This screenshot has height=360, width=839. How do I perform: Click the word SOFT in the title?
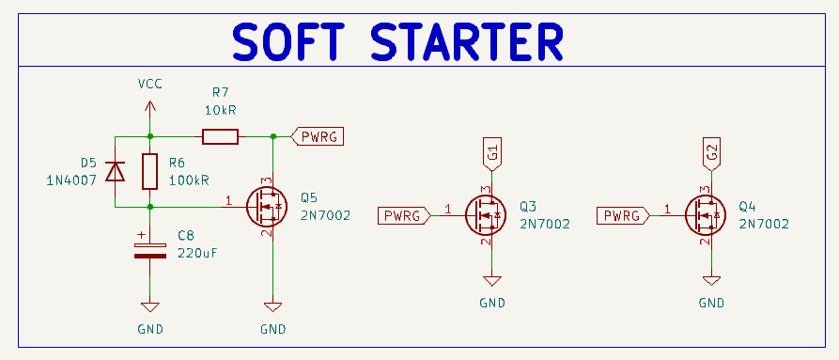click(287, 41)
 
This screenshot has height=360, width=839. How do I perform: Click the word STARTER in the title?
click(467, 41)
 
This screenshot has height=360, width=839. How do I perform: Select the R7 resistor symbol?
click(220, 137)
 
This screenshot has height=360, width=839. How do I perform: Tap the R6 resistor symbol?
click(149, 171)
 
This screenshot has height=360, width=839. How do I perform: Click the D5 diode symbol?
click(115, 171)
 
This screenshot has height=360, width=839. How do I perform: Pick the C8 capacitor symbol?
click(149, 250)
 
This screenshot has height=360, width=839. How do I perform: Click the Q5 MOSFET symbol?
click(267, 207)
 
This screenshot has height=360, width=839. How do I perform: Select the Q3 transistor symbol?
click(486, 215)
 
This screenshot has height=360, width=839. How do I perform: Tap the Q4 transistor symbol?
click(706, 215)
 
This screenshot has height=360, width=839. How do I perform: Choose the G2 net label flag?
click(712, 154)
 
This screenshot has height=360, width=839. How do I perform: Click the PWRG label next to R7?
click(317, 137)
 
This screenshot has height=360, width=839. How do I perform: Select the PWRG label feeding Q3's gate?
click(405, 215)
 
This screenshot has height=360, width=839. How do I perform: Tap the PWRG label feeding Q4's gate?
click(624, 215)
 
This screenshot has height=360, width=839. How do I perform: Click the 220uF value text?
click(197, 253)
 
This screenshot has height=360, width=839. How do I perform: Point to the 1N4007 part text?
click(71, 180)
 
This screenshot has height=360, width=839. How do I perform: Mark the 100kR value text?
click(189, 180)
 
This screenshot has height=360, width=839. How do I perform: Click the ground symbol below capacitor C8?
click(149, 307)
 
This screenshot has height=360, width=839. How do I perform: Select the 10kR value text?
click(220, 110)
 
